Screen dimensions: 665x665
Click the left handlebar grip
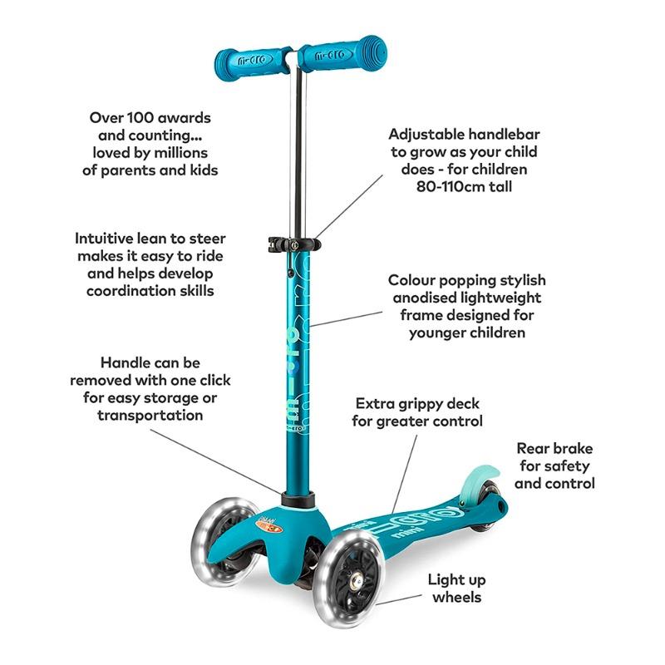tap(253, 61)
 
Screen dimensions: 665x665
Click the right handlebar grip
tap(343, 54)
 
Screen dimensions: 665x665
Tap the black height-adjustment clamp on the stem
tap(294, 244)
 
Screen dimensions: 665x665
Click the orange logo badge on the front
tap(268, 526)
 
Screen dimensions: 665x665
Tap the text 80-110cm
tap(451, 186)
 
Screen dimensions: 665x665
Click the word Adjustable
tap(427, 135)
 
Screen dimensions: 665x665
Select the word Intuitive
tap(104, 239)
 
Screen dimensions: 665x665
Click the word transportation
tap(150, 415)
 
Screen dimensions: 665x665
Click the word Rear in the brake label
tap(533, 448)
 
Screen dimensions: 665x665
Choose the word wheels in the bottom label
tap(456, 597)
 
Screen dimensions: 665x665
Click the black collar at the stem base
tap(298, 499)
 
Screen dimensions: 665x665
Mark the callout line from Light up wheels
tap(399, 598)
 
